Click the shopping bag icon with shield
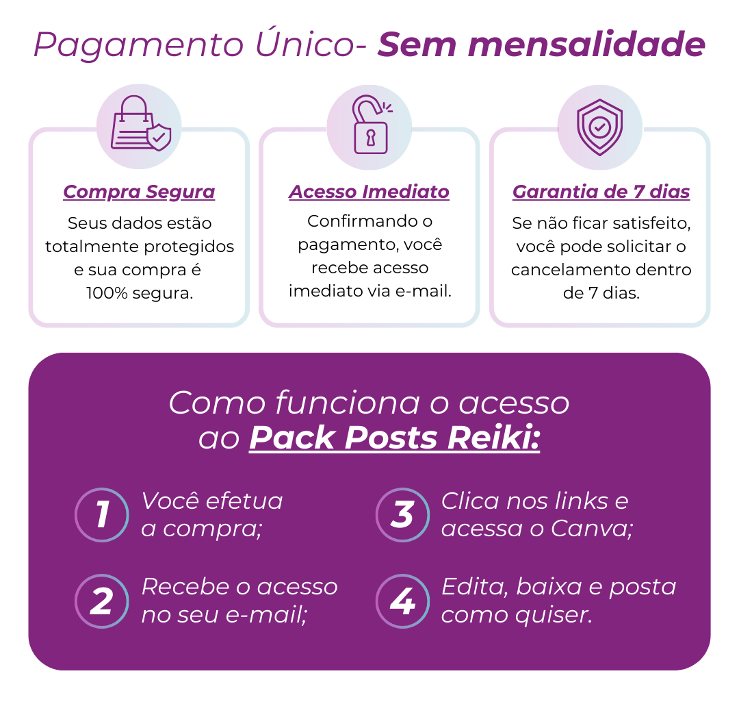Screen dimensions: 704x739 pyautogui.click(x=139, y=127)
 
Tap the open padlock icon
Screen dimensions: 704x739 pyautogui.click(x=369, y=127)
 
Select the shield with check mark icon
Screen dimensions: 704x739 pyautogui.click(x=600, y=127)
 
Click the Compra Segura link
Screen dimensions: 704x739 pyautogui.click(x=139, y=192)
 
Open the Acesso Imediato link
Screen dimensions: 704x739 pyautogui.click(x=369, y=192)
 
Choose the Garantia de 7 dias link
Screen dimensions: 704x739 pyautogui.click(x=601, y=192)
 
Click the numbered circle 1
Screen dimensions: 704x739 pyautogui.click(x=101, y=515)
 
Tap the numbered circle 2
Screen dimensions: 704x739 pyautogui.click(x=101, y=601)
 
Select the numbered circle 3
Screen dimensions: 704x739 pyautogui.click(x=402, y=515)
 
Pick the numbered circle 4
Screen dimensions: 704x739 pyautogui.click(x=402, y=601)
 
